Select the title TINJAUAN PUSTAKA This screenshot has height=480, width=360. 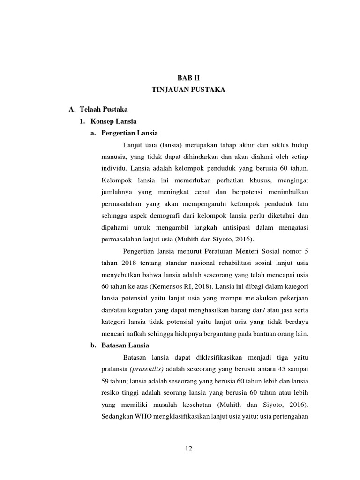tap(188, 90)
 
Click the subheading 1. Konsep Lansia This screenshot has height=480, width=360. tap(108, 121)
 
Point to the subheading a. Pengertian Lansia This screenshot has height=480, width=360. tap(124, 133)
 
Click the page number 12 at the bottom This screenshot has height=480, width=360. tap(188, 449)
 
